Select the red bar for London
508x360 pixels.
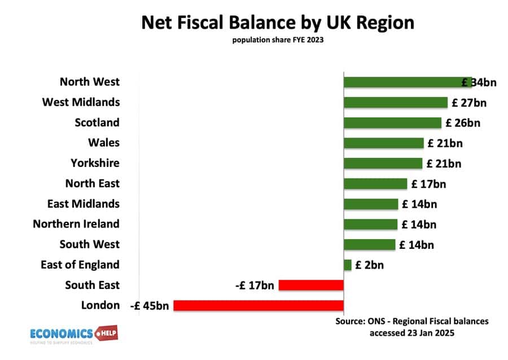pos(259,306)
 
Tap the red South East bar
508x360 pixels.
pos(311,286)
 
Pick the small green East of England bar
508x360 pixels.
pos(348,265)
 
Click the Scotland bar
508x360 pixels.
pos(392,123)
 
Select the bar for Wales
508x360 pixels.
pos(383,143)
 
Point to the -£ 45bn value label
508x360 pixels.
pos(150,306)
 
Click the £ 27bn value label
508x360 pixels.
pos(468,103)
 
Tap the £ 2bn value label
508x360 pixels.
pos(369,265)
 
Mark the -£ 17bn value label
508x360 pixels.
pos(255,286)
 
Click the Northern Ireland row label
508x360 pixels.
pos(76,224)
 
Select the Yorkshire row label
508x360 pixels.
pos(95,163)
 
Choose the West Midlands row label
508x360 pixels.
pos(81,102)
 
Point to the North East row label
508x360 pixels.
pos(93,183)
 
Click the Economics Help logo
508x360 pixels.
pos(73,333)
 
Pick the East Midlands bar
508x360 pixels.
pos(371,204)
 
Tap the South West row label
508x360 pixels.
pos(90,244)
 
